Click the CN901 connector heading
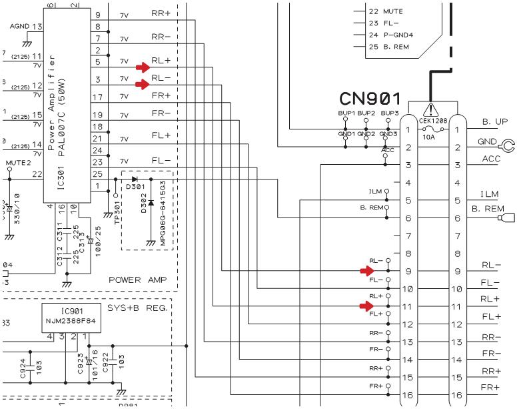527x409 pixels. coord(369,99)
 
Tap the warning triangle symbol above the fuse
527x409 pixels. coord(433,110)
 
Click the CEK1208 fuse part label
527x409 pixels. coord(433,121)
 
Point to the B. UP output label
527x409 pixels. coord(494,123)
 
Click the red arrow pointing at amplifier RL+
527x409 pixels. coord(143,67)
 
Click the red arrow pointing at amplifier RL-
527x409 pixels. coord(143,84)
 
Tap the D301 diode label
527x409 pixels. coord(133,188)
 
